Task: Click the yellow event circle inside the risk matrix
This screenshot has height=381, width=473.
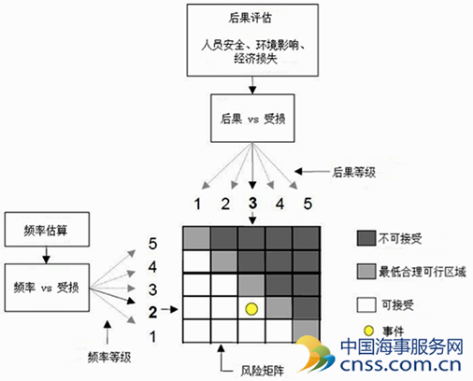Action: click(x=251, y=309)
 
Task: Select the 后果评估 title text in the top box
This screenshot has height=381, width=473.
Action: click(x=250, y=18)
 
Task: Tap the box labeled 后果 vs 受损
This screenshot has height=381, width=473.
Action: click(x=252, y=119)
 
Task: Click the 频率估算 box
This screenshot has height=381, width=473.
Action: click(x=47, y=230)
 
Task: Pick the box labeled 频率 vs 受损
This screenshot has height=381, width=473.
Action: click(x=47, y=288)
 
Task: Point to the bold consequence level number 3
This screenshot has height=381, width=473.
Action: click(x=252, y=204)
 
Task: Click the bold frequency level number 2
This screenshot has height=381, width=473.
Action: click(x=152, y=312)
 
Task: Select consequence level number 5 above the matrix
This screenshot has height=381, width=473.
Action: click(x=308, y=204)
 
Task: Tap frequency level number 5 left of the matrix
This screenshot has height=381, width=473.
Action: click(x=152, y=244)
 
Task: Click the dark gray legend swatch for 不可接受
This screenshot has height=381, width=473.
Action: click(x=366, y=238)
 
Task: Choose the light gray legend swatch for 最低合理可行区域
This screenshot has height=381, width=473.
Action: click(x=366, y=272)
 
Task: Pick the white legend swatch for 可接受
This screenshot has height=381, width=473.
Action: click(x=366, y=304)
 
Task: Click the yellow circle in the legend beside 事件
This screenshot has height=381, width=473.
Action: click(x=368, y=331)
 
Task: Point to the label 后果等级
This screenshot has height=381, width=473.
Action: click(x=354, y=172)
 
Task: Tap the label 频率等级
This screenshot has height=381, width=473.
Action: click(x=109, y=357)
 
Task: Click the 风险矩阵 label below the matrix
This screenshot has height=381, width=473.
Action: click(x=263, y=371)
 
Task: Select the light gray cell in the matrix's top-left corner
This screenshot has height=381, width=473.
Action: click(x=196, y=238)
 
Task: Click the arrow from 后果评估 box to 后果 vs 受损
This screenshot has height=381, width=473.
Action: click(x=252, y=85)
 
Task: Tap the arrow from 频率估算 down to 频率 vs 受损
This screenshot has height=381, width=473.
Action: click(x=46, y=255)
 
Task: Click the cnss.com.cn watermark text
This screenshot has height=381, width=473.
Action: click(x=401, y=364)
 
